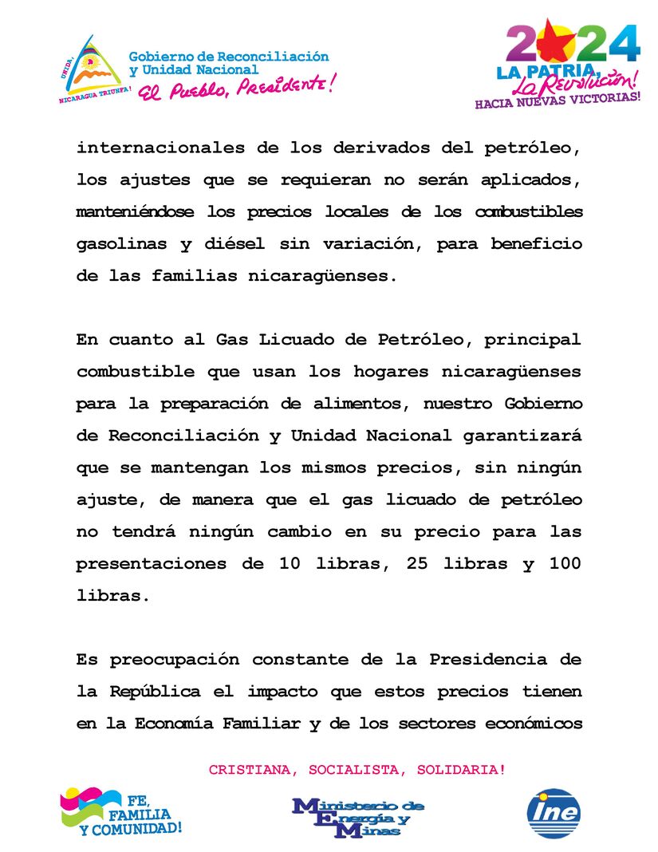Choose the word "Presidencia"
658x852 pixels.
pyautogui.click(x=488, y=661)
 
